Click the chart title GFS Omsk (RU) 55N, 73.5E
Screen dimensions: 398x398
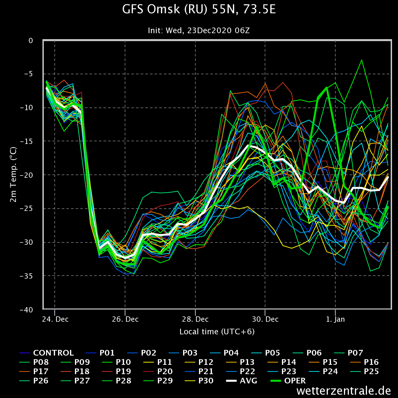[x=199, y=9]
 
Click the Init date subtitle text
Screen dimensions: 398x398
[x=199, y=31]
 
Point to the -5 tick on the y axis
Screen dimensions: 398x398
[x=28, y=74]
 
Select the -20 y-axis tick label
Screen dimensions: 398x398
[x=26, y=175]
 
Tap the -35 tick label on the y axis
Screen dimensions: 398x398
[x=26, y=276]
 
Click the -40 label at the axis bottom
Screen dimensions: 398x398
[x=26, y=310]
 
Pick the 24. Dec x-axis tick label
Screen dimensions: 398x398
[x=55, y=319]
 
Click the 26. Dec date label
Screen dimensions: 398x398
[x=125, y=319]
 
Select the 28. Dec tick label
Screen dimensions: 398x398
[x=195, y=319]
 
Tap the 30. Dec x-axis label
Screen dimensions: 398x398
[x=265, y=319]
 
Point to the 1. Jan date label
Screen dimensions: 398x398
[x=335, y=319]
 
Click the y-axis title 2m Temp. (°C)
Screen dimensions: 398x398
[x=13, y=175]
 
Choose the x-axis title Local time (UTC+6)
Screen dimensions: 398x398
[x=217, y=332]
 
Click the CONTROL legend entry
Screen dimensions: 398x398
[x=47, y=353]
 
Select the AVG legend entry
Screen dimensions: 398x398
[x=242, y=381]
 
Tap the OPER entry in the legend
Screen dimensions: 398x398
[x=288, y=381]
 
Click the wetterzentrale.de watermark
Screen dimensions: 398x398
[x=344, y=391]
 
